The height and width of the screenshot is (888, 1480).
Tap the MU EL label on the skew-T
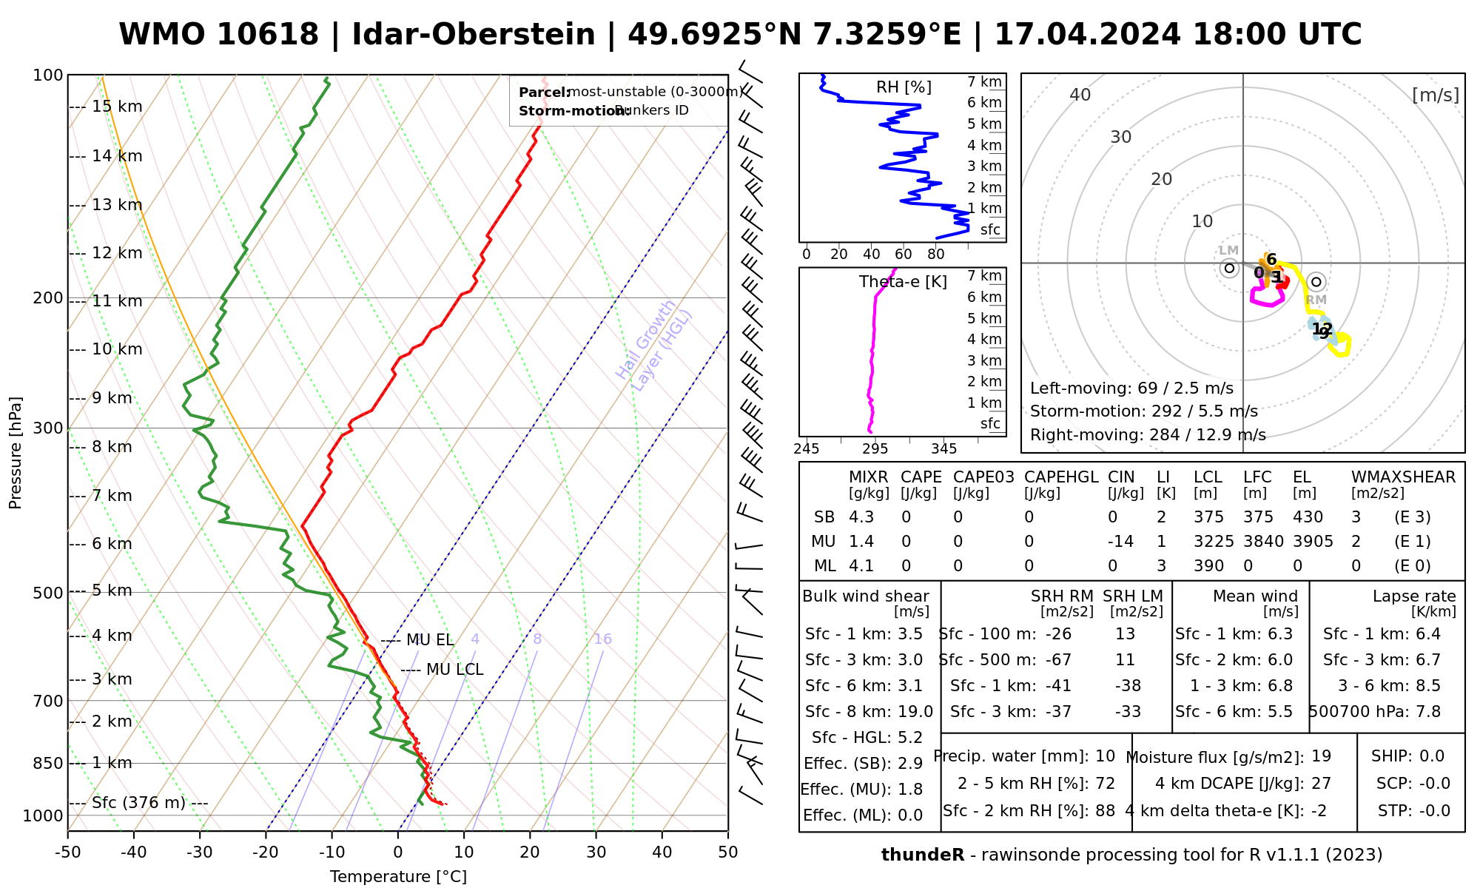pos(429,640)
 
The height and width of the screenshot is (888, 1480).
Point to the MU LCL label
pos(454,670)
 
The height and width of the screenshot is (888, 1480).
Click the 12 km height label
pos(117,253)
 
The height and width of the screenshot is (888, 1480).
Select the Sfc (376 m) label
pos(138,803)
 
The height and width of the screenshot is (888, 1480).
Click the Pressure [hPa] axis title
pos(16,453)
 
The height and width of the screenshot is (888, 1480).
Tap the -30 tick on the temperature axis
pos(199,852)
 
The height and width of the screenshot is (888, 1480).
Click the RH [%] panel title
pos(904,87)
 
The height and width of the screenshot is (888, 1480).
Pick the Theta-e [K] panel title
pos(903,282)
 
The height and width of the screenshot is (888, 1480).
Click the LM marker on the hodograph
pos(1229,268)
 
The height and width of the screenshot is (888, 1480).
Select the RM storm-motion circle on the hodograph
pos(1316,282)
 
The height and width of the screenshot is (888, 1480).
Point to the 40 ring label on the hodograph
pos(1080,95)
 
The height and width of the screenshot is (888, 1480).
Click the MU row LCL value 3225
pos(1214,542)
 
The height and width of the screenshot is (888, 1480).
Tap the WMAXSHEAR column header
pos(1403,477)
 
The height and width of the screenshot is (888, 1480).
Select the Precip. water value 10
pos(1105,756)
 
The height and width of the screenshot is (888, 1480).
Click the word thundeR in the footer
pos(922,855)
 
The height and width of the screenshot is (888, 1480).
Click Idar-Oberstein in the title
pos(474,35)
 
